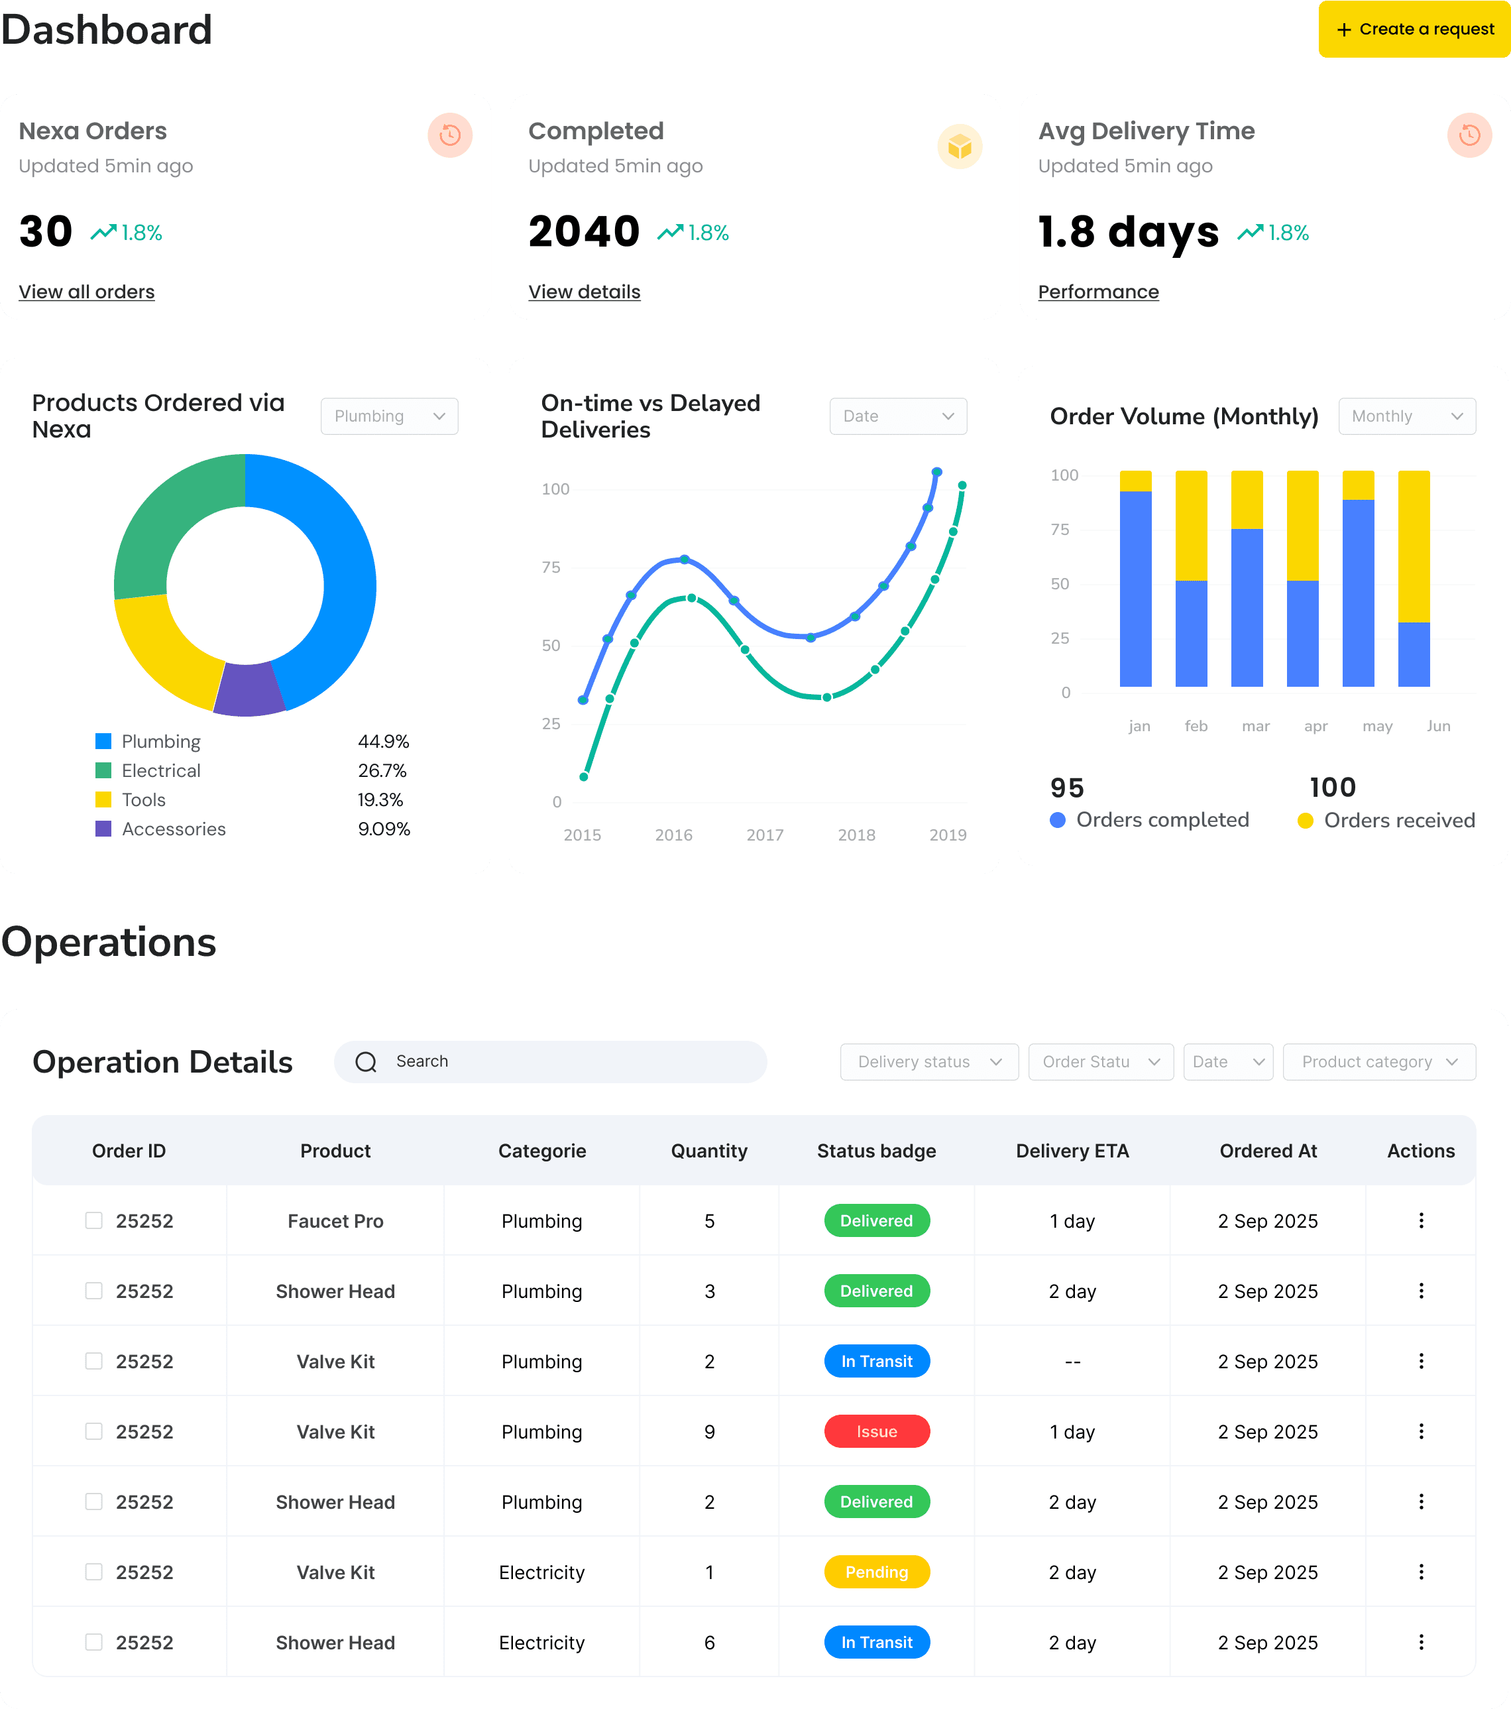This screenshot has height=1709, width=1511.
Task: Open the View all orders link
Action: point(87,292)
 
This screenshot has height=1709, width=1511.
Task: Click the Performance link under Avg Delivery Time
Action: point(1098,292)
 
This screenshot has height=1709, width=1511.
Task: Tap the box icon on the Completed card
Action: point(960,147)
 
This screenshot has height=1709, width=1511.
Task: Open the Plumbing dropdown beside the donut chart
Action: point(390,416)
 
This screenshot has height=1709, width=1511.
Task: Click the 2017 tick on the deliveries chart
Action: point(765,835)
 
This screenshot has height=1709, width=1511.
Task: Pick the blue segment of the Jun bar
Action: point(1413,655)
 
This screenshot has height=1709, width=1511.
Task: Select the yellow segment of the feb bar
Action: point(1191,526)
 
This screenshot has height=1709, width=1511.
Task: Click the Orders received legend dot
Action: point(1305,821)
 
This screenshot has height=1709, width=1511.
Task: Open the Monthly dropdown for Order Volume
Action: point(1406,416)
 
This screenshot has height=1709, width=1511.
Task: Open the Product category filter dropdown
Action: point(1379,1062)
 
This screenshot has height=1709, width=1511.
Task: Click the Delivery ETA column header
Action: point(1072,1151)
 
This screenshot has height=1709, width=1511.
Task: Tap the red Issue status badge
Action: point(877,1431)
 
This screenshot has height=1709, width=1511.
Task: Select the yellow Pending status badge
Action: point(877,1572)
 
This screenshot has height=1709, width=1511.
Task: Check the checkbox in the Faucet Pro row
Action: point(93,1220)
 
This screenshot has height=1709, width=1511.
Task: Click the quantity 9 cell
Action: point(710,1431)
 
